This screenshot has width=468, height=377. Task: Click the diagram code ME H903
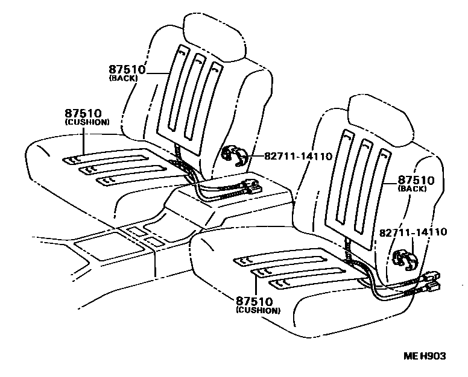click(425, 357)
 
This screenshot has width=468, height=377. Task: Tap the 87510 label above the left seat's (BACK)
click(127, 69)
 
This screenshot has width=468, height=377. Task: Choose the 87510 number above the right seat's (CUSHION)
click(254, 301)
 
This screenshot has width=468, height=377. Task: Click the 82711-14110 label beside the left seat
click(298, 156)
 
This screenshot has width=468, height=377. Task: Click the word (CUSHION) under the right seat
click(258, 311)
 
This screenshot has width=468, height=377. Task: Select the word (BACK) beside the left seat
click(124, 78)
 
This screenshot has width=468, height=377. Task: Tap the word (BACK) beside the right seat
click(413, 188)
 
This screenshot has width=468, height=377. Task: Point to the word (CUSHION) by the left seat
click(87, 122)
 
